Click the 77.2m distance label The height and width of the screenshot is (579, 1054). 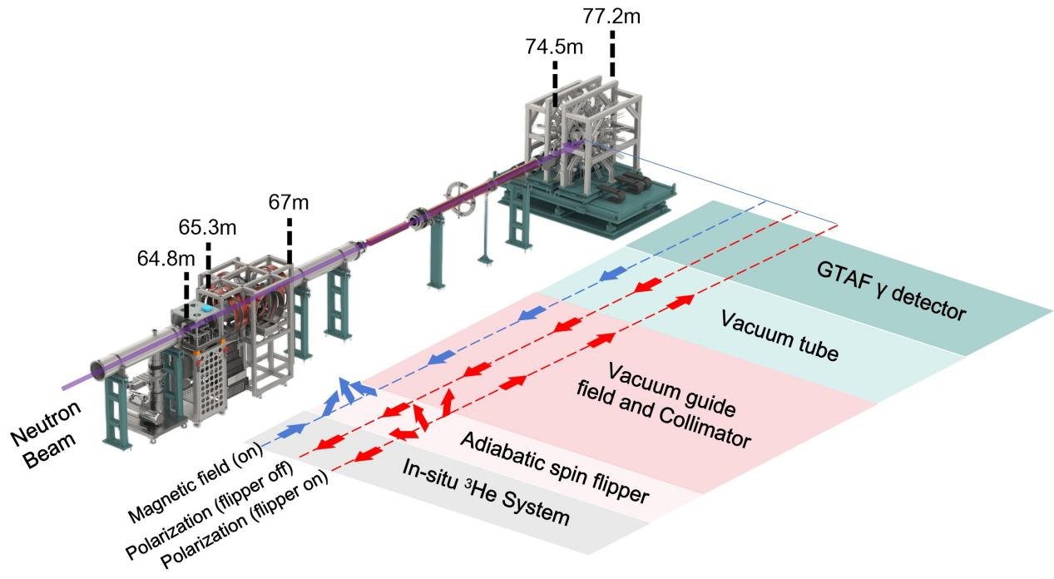coord(611,17)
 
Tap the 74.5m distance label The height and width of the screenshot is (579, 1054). coord(554,47)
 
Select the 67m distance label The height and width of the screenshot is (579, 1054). coord(289,202)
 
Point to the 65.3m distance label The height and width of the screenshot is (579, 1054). coord(207,228)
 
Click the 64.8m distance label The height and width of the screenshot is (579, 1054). coord(166,259)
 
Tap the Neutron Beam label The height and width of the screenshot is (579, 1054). coord(46,435)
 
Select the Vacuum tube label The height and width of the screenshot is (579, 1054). coord(779,336)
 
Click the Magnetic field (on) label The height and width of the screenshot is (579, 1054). coord(195,484)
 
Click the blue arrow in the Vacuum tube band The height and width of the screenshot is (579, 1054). coord(613,274)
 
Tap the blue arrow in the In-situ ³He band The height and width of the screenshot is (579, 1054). coord(294,430)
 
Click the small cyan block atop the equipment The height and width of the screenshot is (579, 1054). coord(207,308)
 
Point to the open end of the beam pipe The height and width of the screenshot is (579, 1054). coord(99,370)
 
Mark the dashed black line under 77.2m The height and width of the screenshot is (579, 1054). coord(611,54)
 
